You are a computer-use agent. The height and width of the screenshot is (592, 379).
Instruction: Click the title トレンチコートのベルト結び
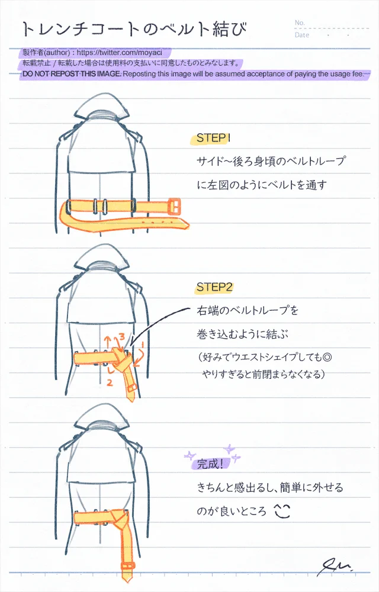[x=134, y=29]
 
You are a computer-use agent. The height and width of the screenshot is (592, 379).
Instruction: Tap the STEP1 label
[x=213, y=139]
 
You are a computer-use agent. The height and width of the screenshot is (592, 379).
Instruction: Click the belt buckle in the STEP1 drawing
[x=175, y=207]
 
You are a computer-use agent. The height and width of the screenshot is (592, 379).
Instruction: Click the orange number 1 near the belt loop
[x=143, y=344]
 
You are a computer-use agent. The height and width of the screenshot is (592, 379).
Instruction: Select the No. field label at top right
[x=300, y=22]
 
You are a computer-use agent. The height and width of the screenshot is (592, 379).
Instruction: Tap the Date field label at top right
[x=301, y=35]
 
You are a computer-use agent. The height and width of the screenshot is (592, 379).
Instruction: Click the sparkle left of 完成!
[x=189, y=455]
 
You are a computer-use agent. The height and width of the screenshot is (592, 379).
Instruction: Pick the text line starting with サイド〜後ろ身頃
[x=271, y=161]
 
